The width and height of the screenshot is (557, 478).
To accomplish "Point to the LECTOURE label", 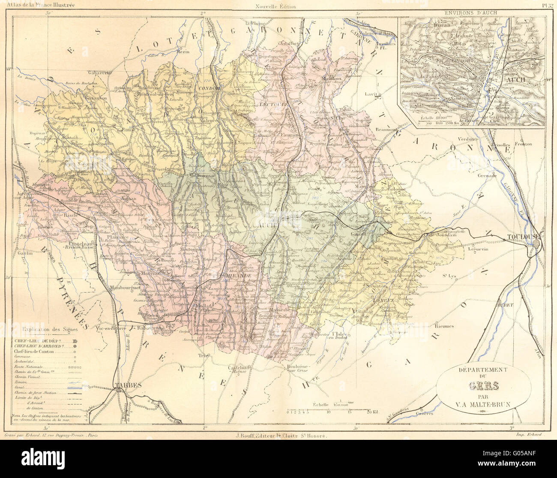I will click(x=269, y=97).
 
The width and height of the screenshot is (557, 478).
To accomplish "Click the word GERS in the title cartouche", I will click(x=484, y=385).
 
